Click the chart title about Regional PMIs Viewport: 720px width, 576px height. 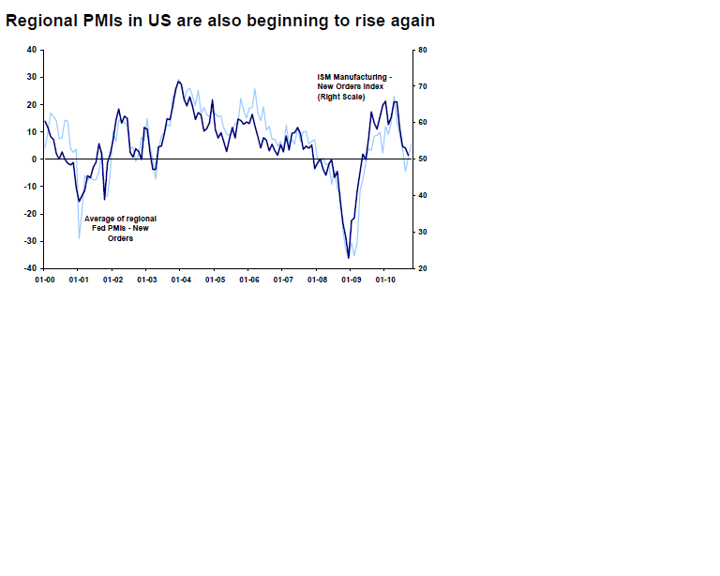tap(220, 20)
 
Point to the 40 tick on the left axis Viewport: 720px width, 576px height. tap(32, 50)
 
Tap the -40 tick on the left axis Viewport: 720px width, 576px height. tap(31, 268)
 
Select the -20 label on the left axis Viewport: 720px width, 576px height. tap(31, 214)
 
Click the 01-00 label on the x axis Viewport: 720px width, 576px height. tap(44, 280)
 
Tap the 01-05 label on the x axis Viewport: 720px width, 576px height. tap(215, 280)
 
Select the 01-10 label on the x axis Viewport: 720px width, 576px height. tap(385, 280)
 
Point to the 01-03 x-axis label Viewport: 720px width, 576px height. tap(146, 280)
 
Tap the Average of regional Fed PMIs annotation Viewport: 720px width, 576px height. tap(120, 228)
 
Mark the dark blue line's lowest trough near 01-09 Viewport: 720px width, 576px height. tap(349, 257)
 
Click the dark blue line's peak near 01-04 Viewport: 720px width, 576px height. tap(178, 81)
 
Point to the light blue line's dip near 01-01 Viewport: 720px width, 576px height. tap(79, 237)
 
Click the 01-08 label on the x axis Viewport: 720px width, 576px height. tap(317, 280)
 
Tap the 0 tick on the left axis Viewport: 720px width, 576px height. tap(34, 159)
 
